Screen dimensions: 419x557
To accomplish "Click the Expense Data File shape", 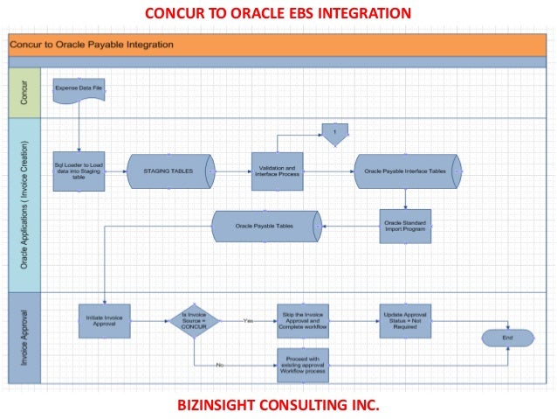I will click(x=79, y=90).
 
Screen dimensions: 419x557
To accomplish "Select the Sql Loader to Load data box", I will click(x=79, y=171).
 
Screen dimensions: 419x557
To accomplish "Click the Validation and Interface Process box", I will click(x=277, y=171).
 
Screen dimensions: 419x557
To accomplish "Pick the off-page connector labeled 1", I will click(x=334, y=133).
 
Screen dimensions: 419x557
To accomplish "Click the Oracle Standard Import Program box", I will click(x=405, y=226).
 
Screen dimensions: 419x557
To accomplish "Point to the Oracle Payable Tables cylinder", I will click(x=266, y=227).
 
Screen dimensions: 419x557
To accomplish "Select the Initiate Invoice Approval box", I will click(x=104, y=321).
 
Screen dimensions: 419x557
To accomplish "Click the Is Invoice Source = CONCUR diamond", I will click(x=195, y=321).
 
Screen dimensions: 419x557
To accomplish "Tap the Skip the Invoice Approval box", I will click(x=303, y=321).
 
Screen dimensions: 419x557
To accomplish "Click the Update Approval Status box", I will click(x=405, y=321).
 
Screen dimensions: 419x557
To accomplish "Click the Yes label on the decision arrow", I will click(x=248, y=321).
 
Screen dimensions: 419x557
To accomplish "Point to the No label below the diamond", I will click(x=219, y=365).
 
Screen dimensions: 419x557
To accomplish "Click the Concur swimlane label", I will click(x=24, y=91).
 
